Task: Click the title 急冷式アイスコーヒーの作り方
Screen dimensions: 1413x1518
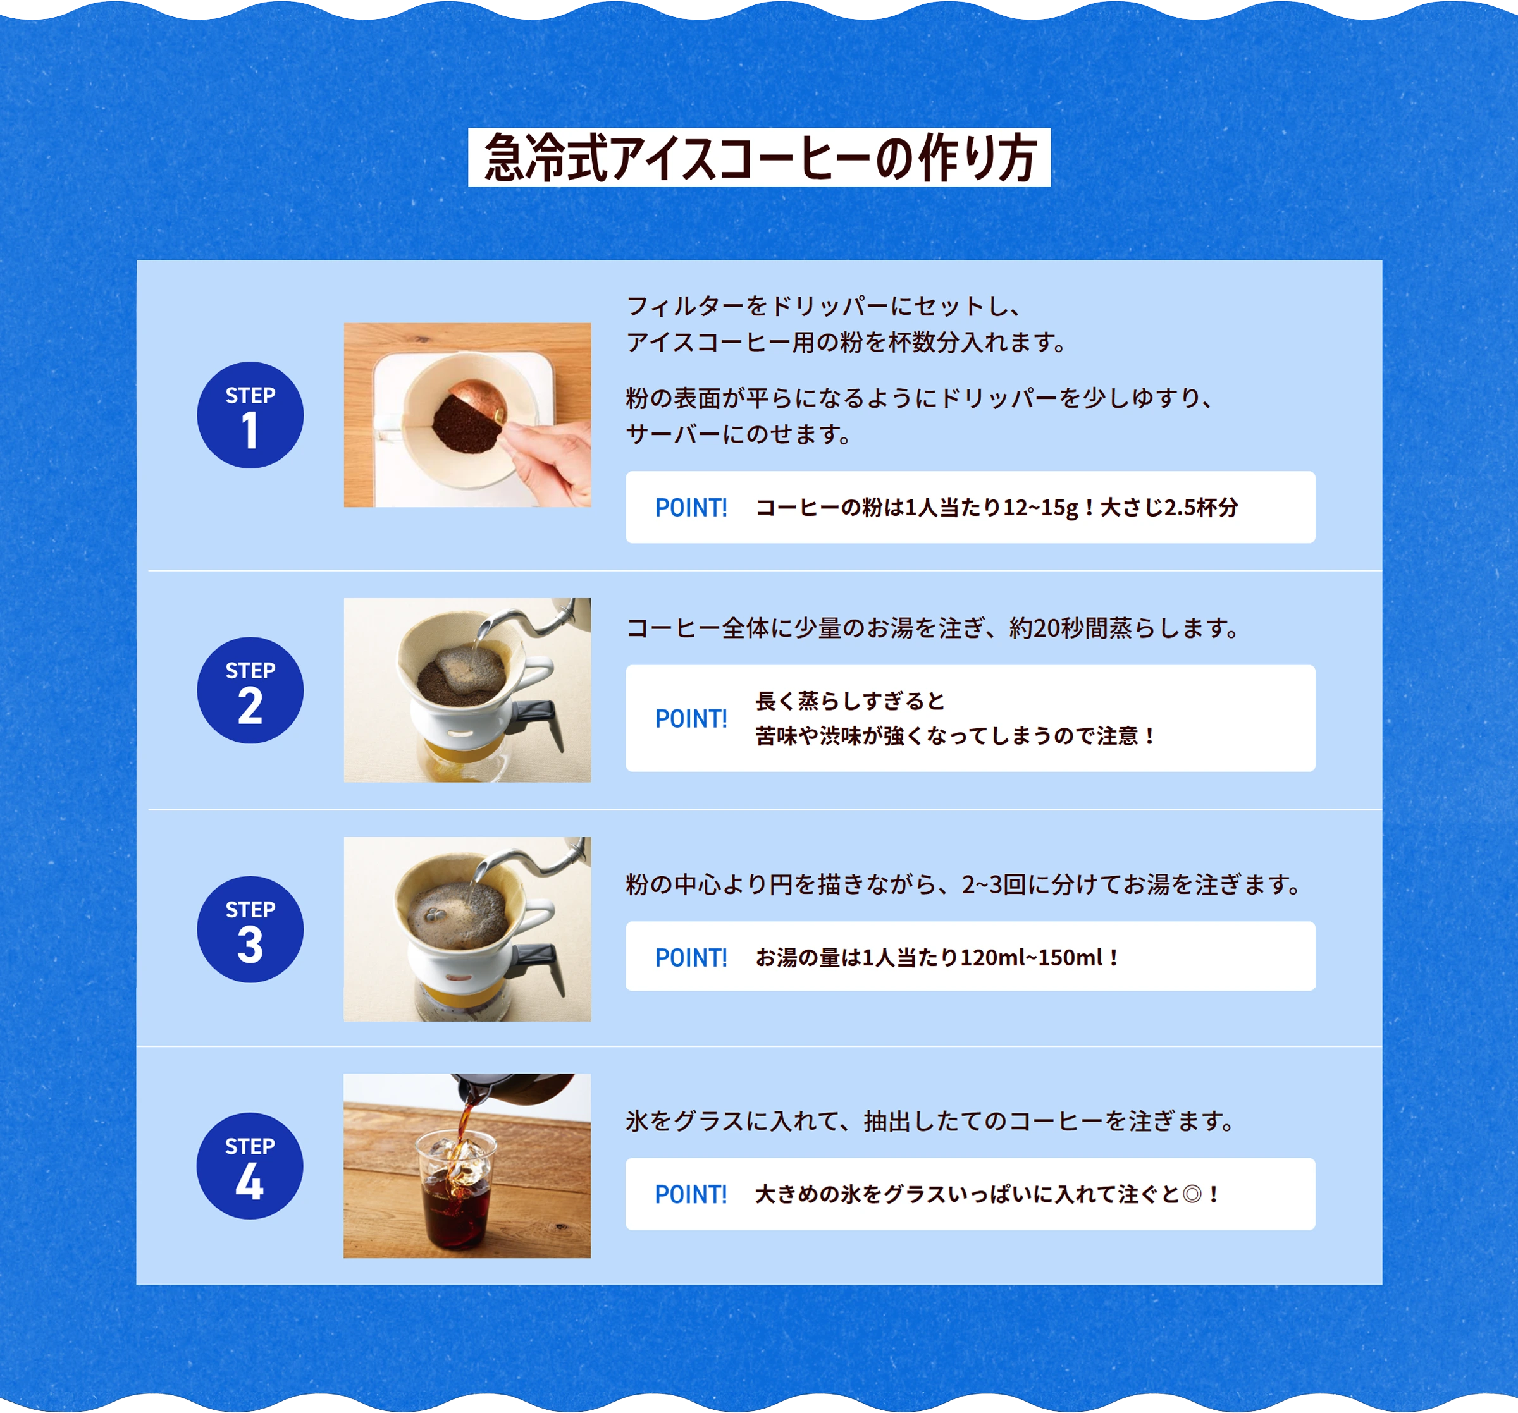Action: coord(759,157)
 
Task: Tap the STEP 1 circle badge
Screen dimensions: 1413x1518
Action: coord(250,415)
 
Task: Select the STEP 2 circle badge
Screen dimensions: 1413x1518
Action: coord(250,690)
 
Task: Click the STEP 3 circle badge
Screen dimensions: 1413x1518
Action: coord(250,929)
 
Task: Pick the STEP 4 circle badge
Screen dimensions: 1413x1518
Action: coord(250,1166)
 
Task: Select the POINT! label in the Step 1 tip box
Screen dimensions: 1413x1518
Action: coord(691,508)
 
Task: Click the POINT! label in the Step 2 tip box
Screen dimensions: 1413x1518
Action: coord(691,718)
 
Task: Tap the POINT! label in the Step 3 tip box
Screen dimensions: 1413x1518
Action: coord(691,957)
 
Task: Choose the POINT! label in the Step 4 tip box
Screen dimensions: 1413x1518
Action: coord(691,1194)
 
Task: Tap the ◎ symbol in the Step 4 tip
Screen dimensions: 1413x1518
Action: coord(1191,1194)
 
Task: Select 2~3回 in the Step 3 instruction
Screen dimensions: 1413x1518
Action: coord(992,884)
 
